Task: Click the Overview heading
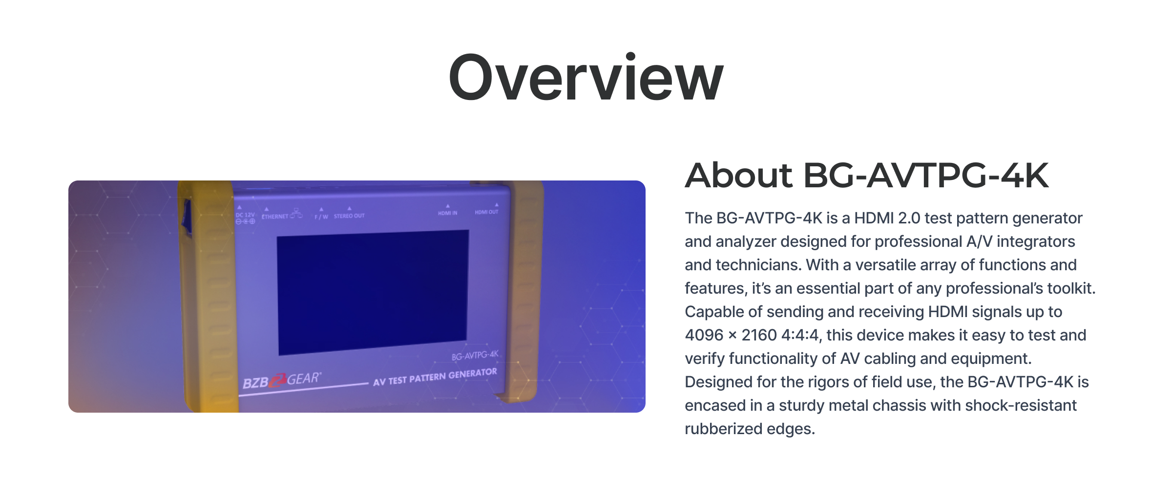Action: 586,78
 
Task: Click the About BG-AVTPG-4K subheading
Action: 867,175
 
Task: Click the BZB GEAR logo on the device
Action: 282,380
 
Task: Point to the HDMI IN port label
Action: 447,213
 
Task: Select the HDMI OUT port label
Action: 486,212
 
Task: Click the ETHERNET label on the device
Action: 275,217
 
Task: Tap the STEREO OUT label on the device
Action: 349,216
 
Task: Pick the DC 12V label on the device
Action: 245,215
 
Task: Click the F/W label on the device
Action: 321,217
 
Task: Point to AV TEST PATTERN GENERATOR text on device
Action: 435,377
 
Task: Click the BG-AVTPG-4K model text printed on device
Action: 475,355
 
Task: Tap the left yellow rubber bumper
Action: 208,297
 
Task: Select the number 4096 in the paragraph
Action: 704,335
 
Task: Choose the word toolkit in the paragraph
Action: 1072,288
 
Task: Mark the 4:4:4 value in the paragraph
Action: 799,335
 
